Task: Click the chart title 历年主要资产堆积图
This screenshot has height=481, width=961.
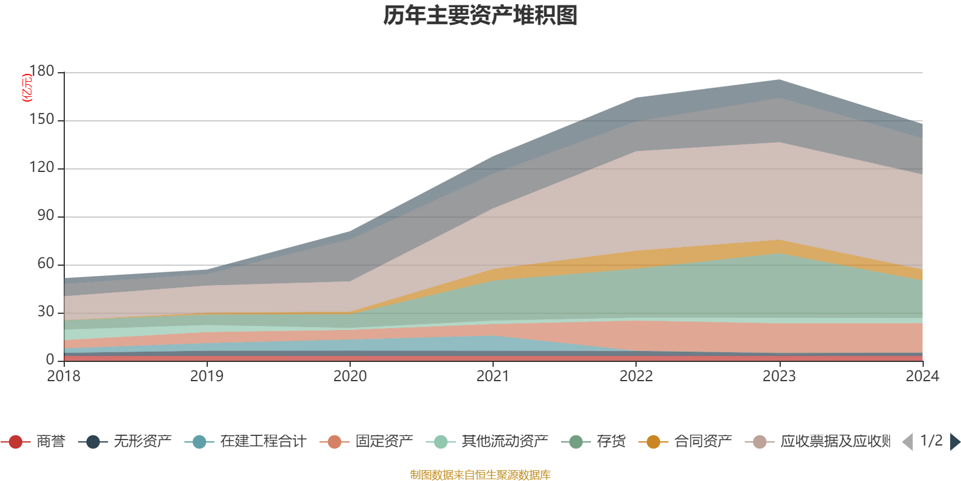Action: (480, 16)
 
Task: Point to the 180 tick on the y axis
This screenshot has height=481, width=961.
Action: (41, 72)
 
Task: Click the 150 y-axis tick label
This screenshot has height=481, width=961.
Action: (41, 120)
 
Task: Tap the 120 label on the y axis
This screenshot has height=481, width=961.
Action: (41, 168)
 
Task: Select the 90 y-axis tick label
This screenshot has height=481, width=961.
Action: (45, 216)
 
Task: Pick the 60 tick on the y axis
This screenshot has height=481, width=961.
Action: (45, 264)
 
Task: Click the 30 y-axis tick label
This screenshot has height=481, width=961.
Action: (45, 312)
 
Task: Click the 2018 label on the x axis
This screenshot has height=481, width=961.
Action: (64, 376)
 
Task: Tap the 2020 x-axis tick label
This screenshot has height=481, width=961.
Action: (350, 376)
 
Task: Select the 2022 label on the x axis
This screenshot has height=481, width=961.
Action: (636, 376)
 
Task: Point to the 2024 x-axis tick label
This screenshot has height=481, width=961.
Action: (922, 376)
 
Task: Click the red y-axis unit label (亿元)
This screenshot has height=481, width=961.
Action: (27, 88)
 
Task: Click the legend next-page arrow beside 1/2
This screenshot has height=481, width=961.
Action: (955, 442)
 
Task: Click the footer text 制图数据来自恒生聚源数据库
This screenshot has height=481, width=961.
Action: (480, 475)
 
